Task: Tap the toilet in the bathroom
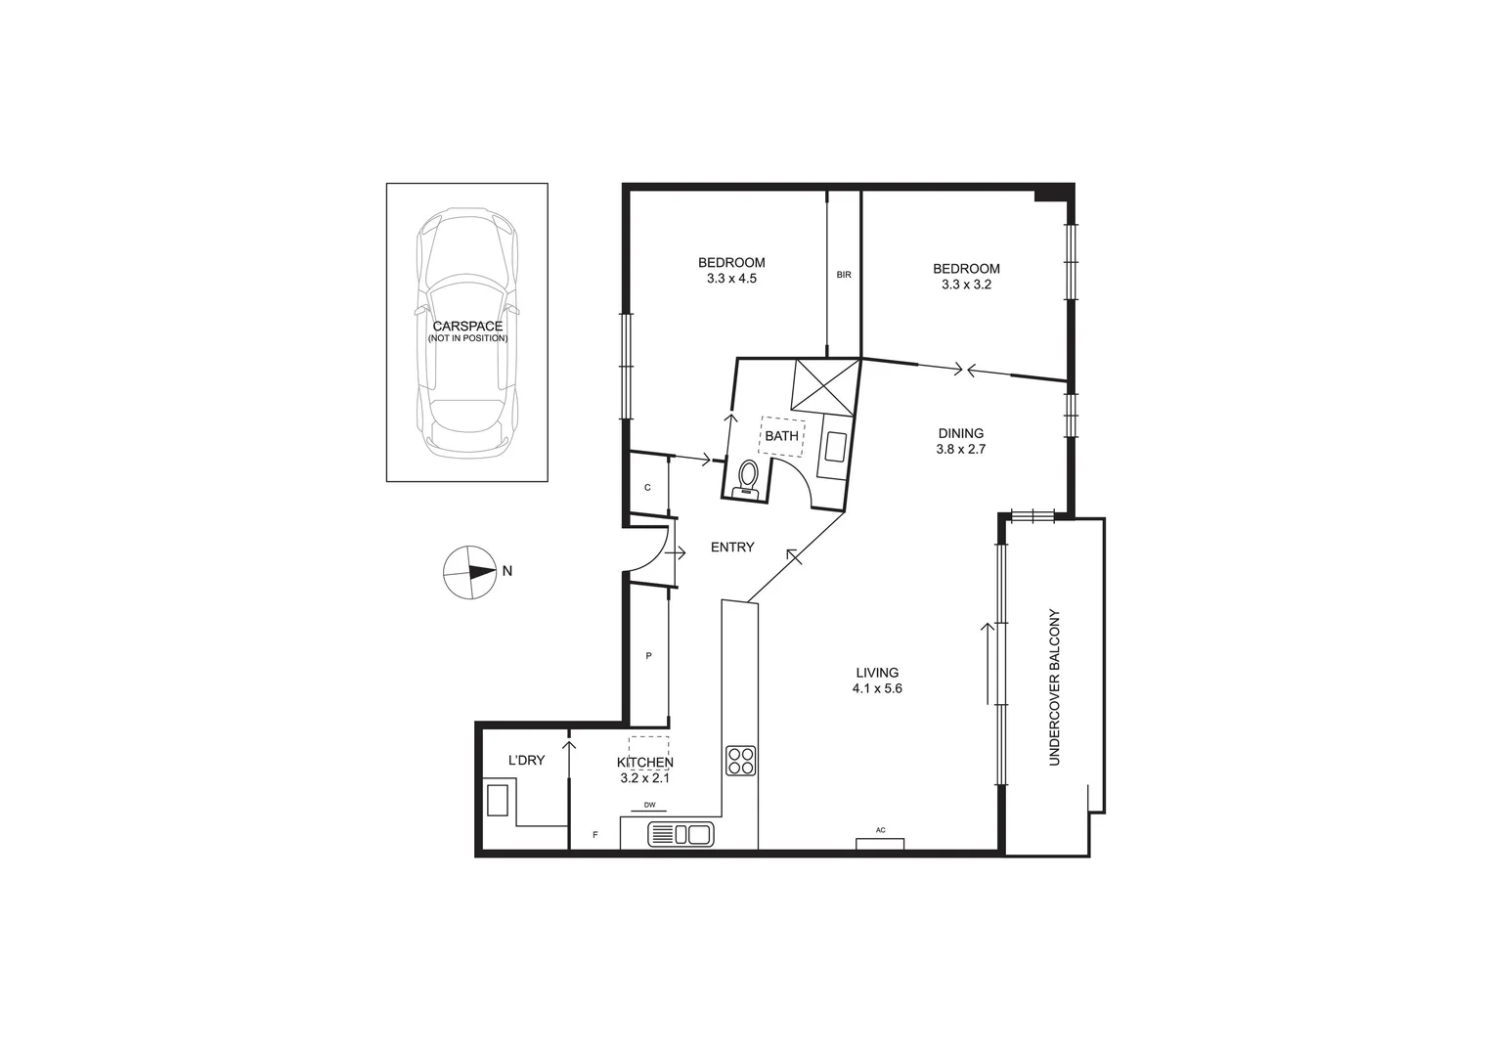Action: (x=748, y=479)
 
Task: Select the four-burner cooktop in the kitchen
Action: (x=740, y=761)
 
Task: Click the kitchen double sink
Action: (x=681, y=835)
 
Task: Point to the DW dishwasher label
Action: (x=648, y=806)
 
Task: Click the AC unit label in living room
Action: (x=880, y=831)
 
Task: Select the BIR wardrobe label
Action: (x=844, y=275)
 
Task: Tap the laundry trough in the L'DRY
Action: (x=498, y=799)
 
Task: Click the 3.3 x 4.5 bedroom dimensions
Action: (x=731, y=279)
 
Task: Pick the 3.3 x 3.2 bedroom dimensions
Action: (x=966, y=285)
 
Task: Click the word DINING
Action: (x=960, y=433)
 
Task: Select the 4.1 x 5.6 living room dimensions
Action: (x=876, y=688)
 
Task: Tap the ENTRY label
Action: (x=732, y=548)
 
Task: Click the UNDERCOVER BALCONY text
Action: (x=1054, y=687)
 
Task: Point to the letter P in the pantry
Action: (x=648, y=656)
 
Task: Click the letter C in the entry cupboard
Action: (x=647, y=487)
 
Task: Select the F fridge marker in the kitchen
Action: (x=595, y=835)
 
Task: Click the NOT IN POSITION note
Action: (x=467, y=338)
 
